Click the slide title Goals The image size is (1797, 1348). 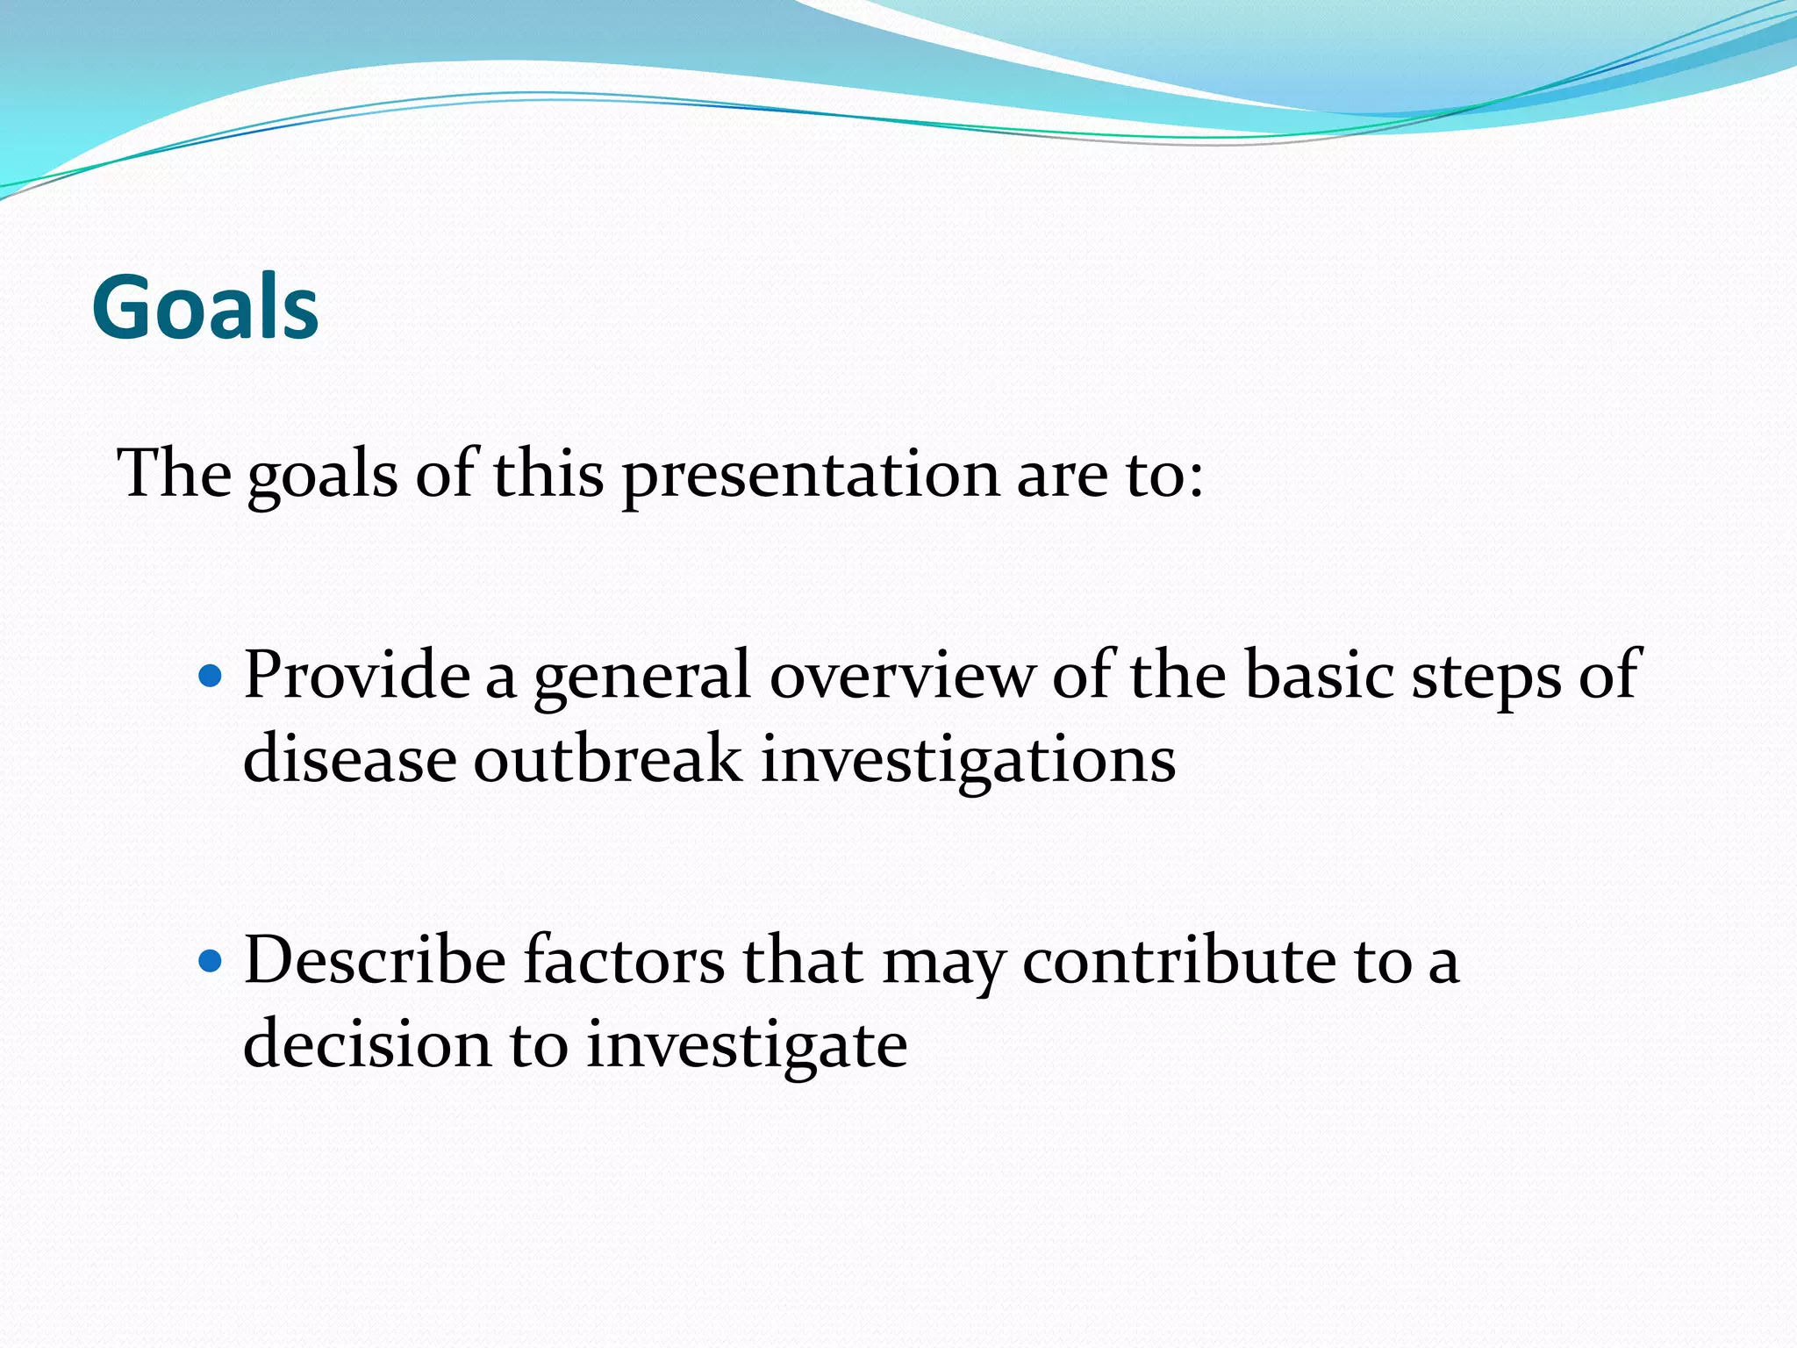(x=205, y=307)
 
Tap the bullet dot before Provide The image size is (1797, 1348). (x=211, y=677)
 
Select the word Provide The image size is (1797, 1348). (x=356, y=676)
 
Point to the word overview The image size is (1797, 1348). (x=902, y=676)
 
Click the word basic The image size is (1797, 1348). (x=1319, y=676)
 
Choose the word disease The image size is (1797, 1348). (x=349, y=759)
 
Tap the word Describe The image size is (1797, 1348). (x=375, y=960)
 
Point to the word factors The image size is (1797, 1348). (x=624, y=960)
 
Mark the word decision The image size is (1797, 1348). (x=367, y=1044)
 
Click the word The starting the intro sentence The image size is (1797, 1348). (x=173, y=474)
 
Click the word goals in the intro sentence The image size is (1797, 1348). (x=322, y=477)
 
